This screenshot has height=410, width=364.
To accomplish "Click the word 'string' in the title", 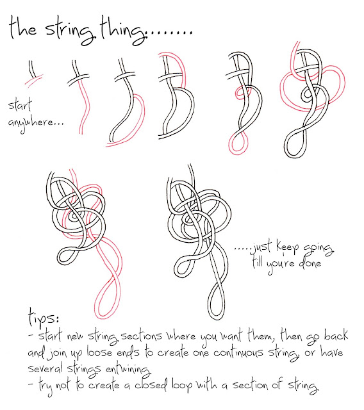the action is tap(70, 31).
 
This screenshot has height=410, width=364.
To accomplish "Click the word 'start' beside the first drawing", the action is tap(20, 104).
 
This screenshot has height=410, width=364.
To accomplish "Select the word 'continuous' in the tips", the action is tap(238, 353).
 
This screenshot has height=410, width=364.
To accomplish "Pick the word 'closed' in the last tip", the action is tap(151, 385).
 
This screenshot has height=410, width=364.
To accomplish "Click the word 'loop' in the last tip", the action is tap(182, 386).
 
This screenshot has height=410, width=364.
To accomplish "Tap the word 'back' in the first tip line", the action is tap(336, 335).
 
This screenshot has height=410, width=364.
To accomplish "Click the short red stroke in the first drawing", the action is tap(33, 79).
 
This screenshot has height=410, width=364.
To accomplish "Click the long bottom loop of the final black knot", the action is tap(209, 303).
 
